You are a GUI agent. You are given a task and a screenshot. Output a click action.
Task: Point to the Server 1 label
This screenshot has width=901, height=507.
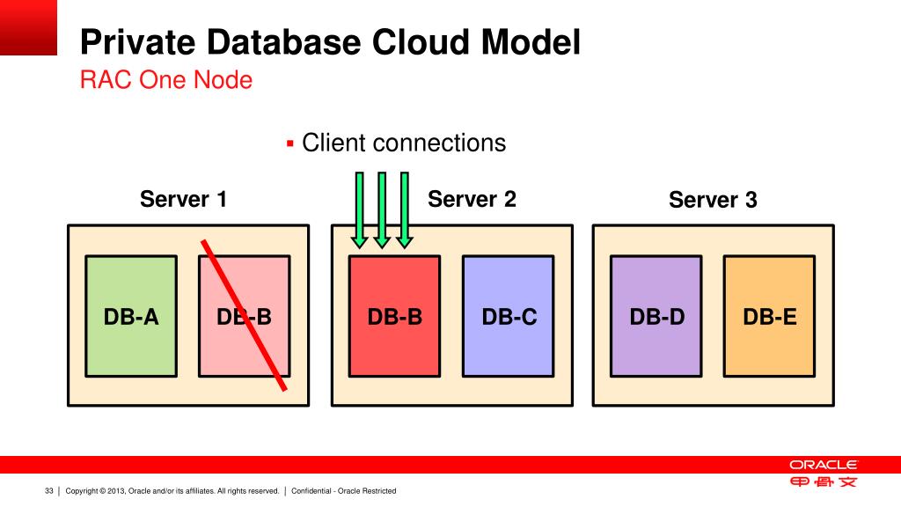coord(184,200)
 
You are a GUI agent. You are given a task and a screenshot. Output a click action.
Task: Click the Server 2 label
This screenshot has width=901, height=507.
coord(472,200)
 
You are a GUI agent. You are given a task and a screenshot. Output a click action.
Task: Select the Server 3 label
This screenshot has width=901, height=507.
coord(713,201)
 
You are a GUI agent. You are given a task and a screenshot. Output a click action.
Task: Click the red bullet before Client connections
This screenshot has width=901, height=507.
coord(289,143)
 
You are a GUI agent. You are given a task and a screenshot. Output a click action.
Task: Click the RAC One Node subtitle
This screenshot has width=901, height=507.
coord(166,80)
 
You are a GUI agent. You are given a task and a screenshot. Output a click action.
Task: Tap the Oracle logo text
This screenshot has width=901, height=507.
coord(823,465)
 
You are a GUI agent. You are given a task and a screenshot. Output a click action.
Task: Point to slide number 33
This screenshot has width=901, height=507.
coord(49,490)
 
